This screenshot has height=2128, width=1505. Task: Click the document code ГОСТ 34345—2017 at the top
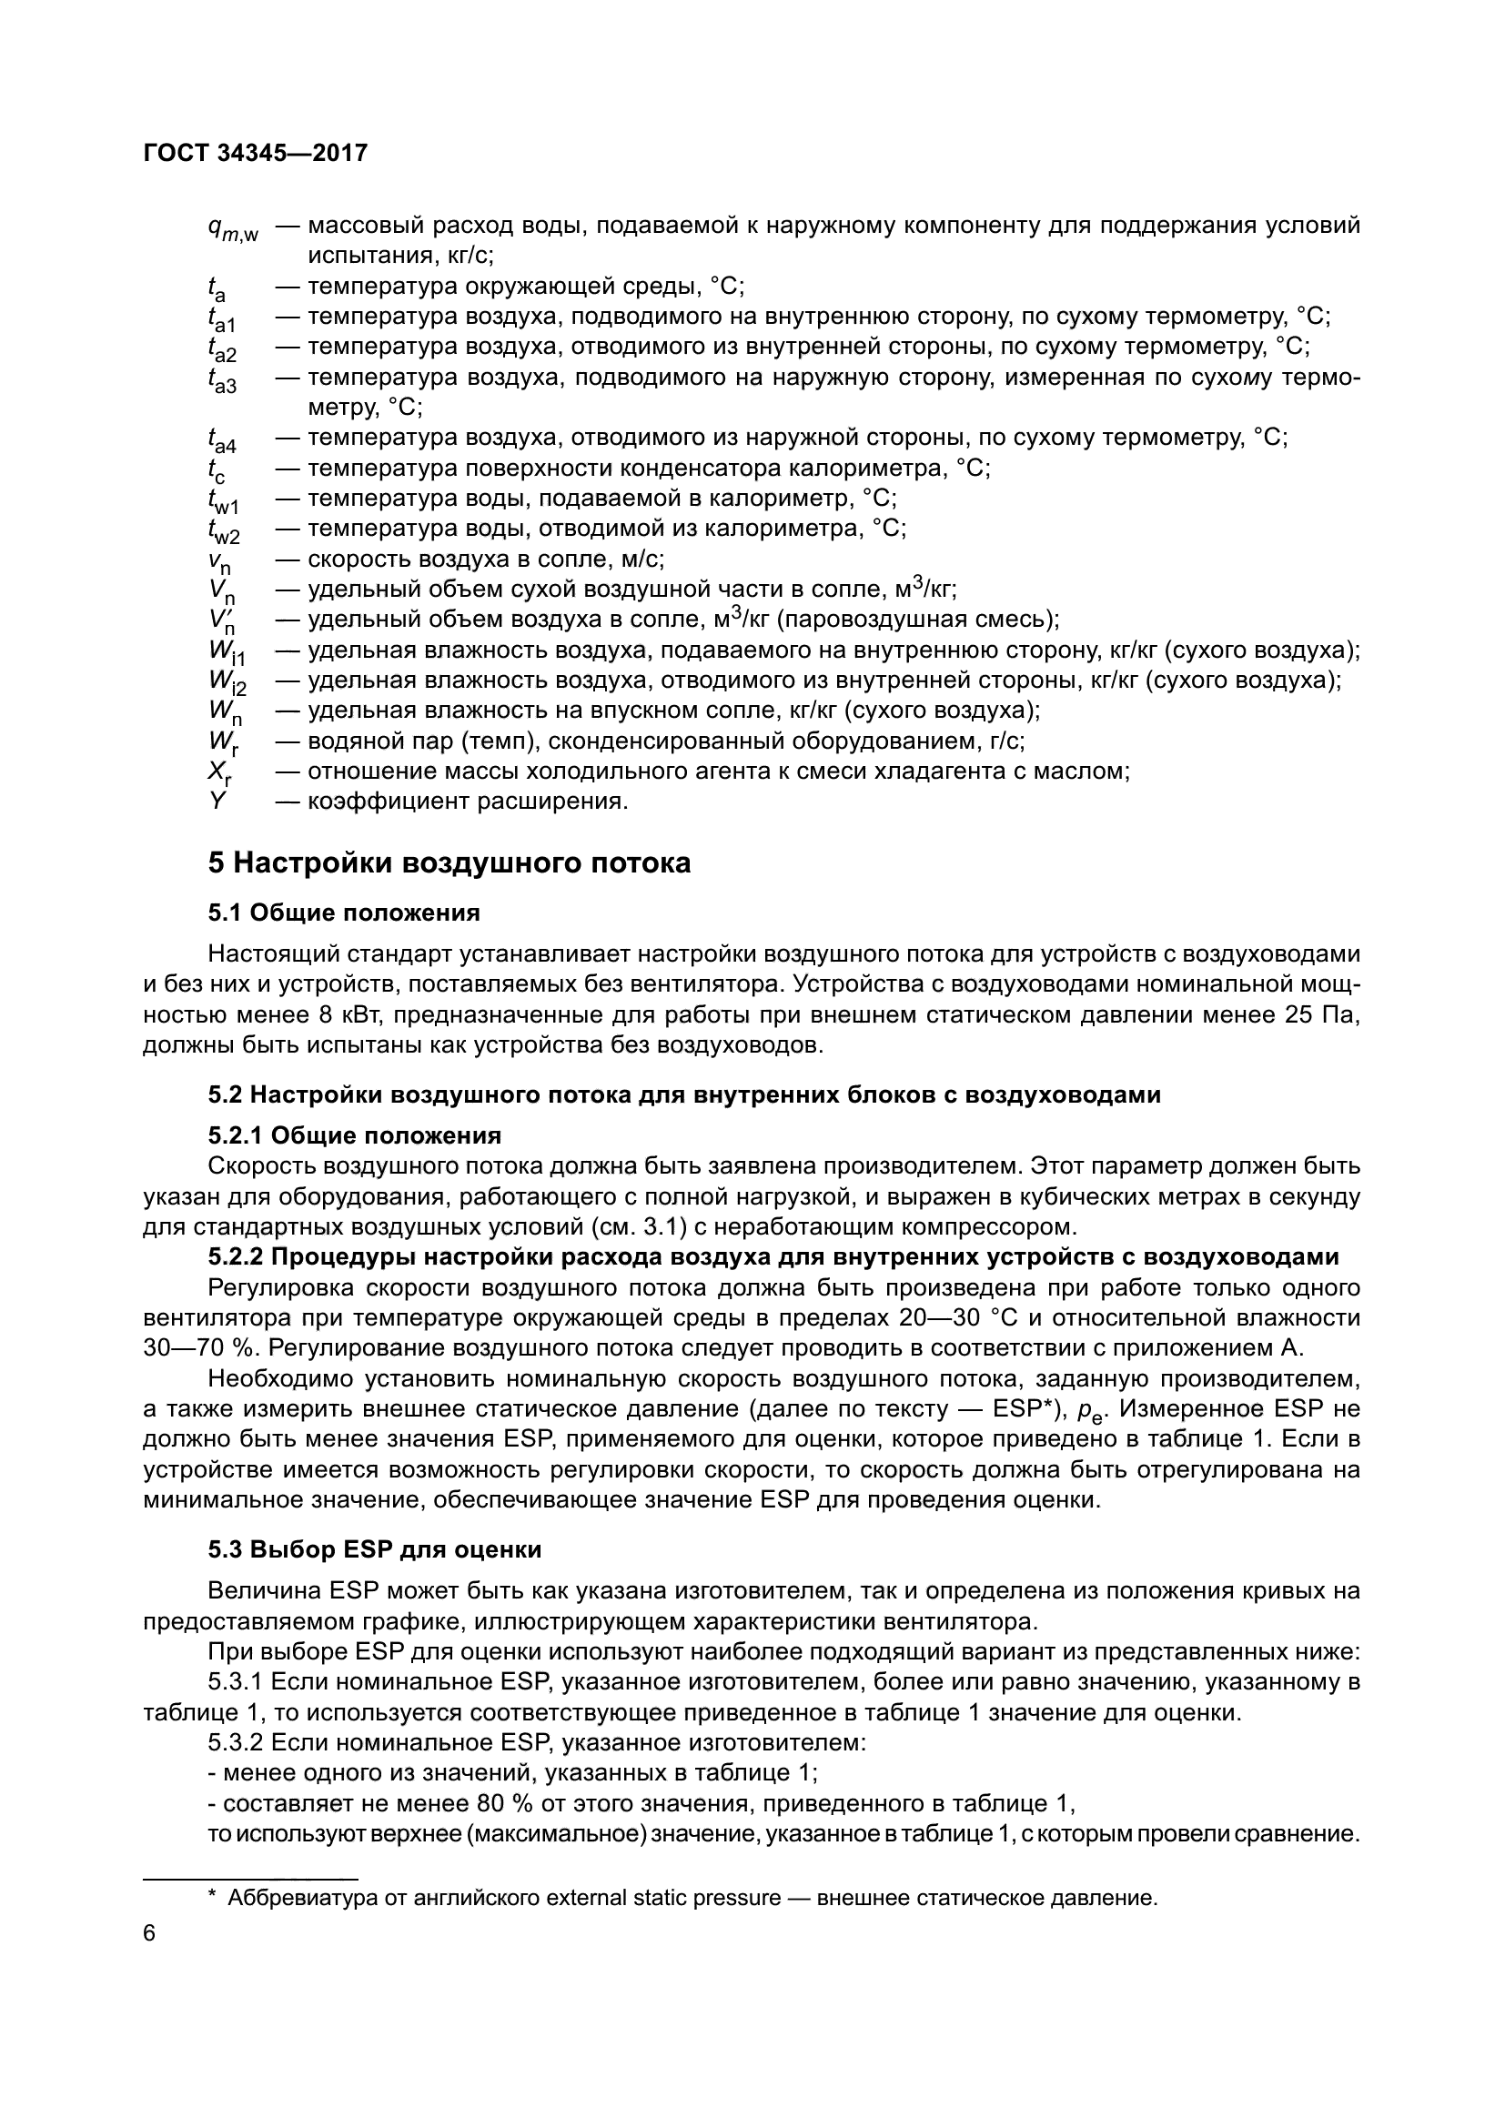click(256, 153)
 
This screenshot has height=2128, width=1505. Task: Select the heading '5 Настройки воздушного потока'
click(449, 862)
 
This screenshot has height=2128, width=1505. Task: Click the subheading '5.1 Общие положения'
click(344, 913)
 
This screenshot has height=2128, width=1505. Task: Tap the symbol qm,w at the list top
click(233, 229)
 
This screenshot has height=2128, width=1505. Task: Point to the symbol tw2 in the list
click(223, 532)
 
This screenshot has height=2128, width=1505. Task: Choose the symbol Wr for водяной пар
click(222, 743)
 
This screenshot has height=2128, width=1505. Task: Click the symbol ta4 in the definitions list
click(221, 440)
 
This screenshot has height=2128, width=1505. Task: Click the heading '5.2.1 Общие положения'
click(354, 1135)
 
